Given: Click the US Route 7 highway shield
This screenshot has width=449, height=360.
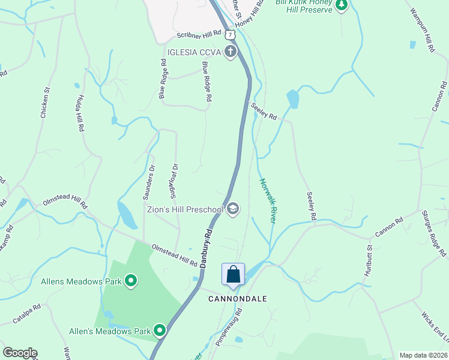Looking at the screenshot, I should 231,36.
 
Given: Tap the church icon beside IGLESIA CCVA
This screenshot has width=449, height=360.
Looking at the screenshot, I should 230,52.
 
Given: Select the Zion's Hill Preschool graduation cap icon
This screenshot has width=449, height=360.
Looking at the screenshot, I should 233,209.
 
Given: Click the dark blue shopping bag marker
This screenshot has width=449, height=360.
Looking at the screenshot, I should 233,275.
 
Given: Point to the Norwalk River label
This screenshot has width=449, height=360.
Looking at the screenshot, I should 268,200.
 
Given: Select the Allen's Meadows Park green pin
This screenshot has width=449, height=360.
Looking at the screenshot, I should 160,331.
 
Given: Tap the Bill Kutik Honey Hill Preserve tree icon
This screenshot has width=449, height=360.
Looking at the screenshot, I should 341,5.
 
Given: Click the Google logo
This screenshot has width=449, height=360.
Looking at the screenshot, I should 20,353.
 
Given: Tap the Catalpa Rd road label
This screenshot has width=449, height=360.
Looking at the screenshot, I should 26,316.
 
